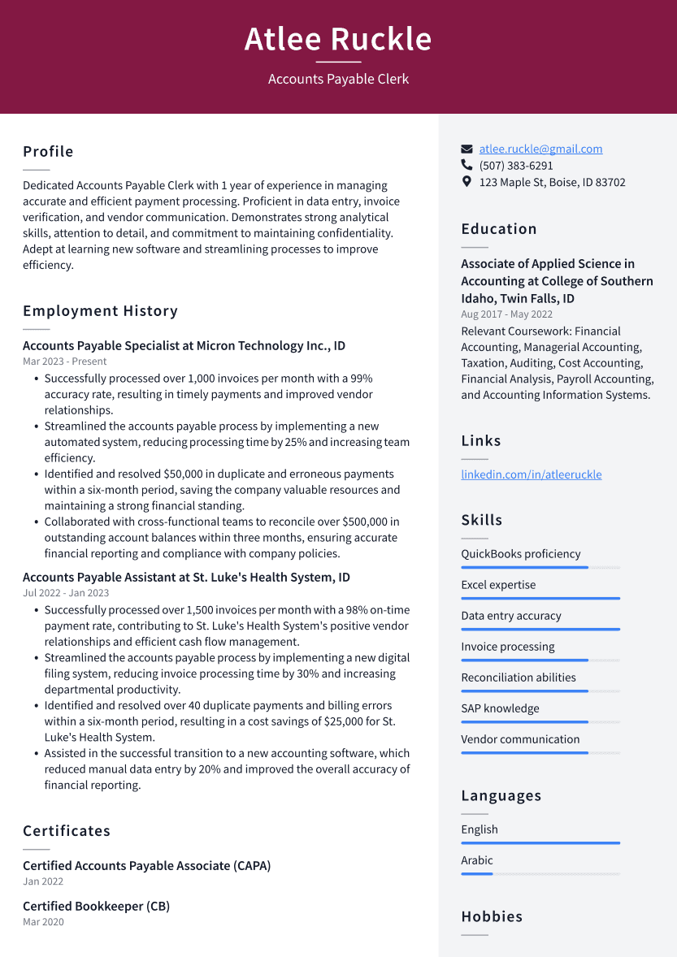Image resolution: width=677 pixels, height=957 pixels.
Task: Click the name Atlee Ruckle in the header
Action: (x=338, y=39)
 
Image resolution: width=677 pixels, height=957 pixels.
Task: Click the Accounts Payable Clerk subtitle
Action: (x=338, y=79)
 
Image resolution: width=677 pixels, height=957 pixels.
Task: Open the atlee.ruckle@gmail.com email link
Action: (x=540, y=149)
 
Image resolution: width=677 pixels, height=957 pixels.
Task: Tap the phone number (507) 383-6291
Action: (x=516, y=166)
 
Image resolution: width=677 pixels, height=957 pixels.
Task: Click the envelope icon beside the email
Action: (x=467, y=149)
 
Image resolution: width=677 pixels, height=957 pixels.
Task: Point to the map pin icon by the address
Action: (x=467, y=182)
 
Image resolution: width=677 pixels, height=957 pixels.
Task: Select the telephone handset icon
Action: (x=467, y=166)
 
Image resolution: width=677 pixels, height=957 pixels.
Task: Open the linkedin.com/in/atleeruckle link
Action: (x=531, y=474)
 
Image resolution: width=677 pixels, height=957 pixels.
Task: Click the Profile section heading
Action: (x=48, y=152)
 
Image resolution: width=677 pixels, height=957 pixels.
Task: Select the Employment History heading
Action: (x=100, y=311)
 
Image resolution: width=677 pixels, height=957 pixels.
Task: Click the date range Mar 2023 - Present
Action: (x=64, y=362)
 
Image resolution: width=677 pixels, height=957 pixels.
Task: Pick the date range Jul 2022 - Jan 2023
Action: (x=65, y=593)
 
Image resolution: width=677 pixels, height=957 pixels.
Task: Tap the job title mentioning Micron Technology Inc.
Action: (x=184, y=346)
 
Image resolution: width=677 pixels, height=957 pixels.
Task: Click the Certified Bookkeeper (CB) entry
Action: (x=96, y=907)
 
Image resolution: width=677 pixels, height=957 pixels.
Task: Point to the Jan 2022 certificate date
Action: (x=43, y=881)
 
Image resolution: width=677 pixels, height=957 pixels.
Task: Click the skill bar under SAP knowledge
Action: (x=540, y=721)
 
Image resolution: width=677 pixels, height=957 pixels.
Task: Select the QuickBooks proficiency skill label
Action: (x=520, y=554)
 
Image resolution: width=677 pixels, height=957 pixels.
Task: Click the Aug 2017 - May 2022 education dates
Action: (x=506, y=314)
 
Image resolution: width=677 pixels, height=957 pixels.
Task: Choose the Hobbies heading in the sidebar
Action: (x=492, y=916)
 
